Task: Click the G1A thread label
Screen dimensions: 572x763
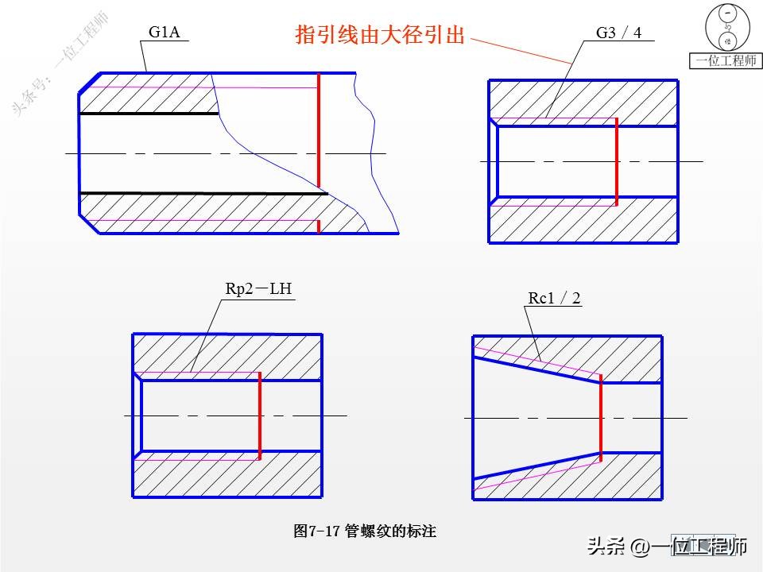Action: point(165,33)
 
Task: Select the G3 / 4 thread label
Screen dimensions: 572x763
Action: point(618,33)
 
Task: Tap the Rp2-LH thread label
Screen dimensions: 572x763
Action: point(258,289)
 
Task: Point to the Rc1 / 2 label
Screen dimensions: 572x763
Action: point(554,298)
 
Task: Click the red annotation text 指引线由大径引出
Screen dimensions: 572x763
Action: point(380,35)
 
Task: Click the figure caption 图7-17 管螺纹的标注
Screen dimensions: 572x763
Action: point(365,531)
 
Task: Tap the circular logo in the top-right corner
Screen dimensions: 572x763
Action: point(726,28)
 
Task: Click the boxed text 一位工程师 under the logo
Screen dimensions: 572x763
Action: point(726,61)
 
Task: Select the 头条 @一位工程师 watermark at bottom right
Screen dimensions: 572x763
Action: point(667,547)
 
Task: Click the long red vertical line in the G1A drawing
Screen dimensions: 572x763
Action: point(318,131)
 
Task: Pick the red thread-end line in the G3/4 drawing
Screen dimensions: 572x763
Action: point(616,161)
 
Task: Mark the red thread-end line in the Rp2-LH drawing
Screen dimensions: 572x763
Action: point(260,415)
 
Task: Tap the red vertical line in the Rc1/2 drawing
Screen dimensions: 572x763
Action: point(600,418)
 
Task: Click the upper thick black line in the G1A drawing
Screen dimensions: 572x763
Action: point(149,114)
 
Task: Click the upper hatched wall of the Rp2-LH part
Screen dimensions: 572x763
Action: point(227,353)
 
